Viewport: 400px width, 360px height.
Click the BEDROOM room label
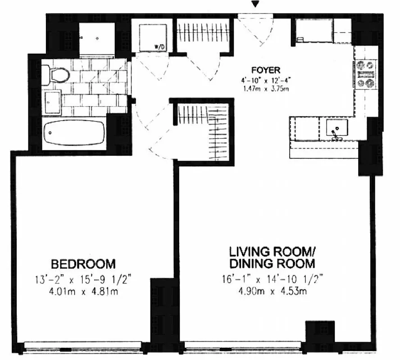tap(83, 263)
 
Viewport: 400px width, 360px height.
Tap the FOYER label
tap(266, 70)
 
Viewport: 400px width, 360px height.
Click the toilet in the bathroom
tap(56, 73)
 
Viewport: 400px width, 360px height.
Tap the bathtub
tap(74, 133)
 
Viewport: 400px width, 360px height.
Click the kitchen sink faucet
tap(335, 134)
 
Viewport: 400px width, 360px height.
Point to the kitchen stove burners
tap(366, 74)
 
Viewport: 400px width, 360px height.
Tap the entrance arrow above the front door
tap(256, 4)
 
